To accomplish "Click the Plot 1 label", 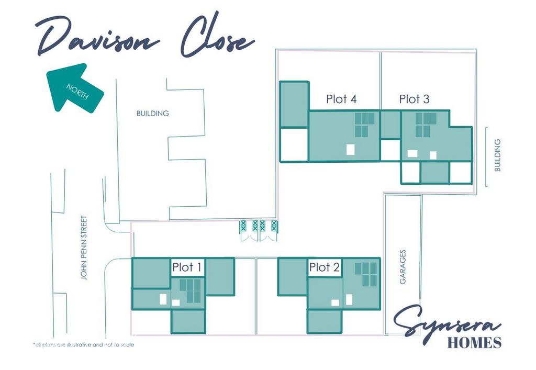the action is (187, 267).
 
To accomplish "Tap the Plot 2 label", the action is (324, 267).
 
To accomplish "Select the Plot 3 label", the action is (414, 99).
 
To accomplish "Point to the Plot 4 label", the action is (341, 99).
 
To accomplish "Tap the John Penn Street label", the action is (84, 248).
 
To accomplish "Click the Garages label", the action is (403, 267).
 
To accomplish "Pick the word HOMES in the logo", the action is (474, 343).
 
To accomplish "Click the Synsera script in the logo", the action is (446, 322).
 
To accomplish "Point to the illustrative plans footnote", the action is (83, 345).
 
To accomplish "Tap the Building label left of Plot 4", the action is (152, 114).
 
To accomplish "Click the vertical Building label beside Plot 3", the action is (497, 155).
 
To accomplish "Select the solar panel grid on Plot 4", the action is (364, 125).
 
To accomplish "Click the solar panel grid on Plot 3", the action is (426, 125).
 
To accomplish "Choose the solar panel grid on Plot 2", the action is (366, 274).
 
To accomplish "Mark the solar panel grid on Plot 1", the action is (191, 291).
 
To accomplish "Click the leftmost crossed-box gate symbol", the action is (243, 226).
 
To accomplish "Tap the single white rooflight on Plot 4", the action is (350, 149).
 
